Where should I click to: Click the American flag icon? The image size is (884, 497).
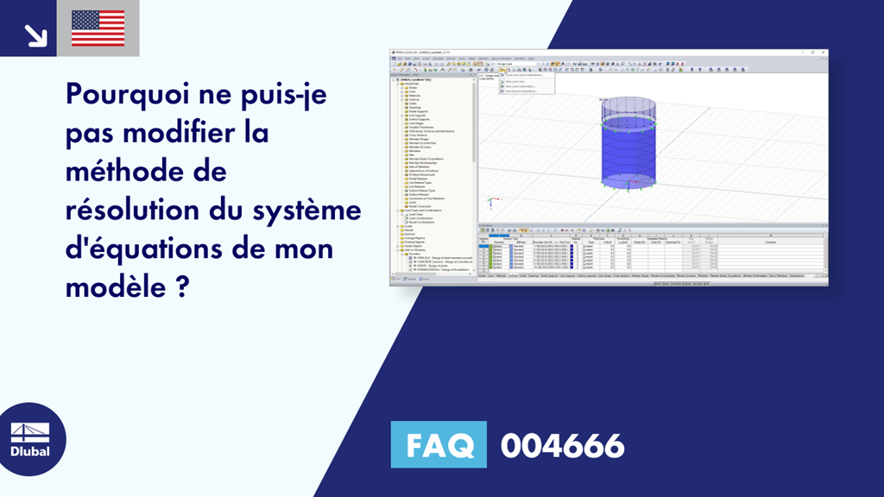coord(98,28)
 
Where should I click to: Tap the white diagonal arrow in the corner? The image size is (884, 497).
coord(35,35)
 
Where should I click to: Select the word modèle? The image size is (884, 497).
coord(112,289)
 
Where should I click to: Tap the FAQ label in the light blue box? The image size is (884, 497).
coord(439,445)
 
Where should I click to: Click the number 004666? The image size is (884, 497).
coord(562,445)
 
